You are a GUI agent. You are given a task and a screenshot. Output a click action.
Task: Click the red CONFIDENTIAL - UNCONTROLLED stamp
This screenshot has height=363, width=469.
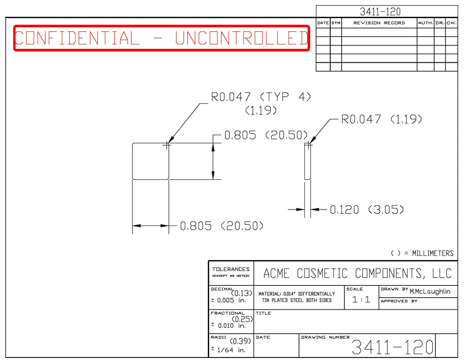tap(161, 38)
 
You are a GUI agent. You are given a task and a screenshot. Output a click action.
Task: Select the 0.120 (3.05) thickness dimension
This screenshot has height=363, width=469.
tap(367, 209)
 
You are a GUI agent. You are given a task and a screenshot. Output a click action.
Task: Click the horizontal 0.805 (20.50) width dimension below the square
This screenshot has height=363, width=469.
tap(222, 226)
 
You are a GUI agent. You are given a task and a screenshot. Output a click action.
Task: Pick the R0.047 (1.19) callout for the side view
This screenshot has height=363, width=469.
tap(381, 119)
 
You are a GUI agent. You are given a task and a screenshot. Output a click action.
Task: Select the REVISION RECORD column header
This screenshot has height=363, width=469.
tap(379, 23)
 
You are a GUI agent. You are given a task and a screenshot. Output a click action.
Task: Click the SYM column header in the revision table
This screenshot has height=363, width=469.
tap(336, 23)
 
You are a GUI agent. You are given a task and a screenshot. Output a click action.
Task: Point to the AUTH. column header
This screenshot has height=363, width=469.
tap(426, 23)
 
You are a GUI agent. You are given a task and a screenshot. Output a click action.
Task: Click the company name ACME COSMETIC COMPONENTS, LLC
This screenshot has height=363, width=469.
tap(358, 273)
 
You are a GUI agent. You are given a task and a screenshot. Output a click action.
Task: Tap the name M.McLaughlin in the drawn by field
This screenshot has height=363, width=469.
tap(430, 291)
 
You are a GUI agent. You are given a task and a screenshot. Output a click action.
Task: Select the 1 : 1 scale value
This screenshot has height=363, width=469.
tap(361, 300)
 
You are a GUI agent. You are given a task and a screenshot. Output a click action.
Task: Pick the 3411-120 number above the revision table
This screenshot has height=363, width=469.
tap(380, 12)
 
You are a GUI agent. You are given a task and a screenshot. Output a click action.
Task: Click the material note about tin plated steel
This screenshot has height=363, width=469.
tap(297, 297)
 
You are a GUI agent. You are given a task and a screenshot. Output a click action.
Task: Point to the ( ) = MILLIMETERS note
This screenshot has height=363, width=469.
tap(422, 253)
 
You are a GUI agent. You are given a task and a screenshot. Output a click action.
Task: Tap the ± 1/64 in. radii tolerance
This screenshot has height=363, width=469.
tap(228, 350)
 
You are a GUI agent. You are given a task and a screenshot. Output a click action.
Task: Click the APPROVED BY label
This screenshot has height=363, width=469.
tap(399, 301)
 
